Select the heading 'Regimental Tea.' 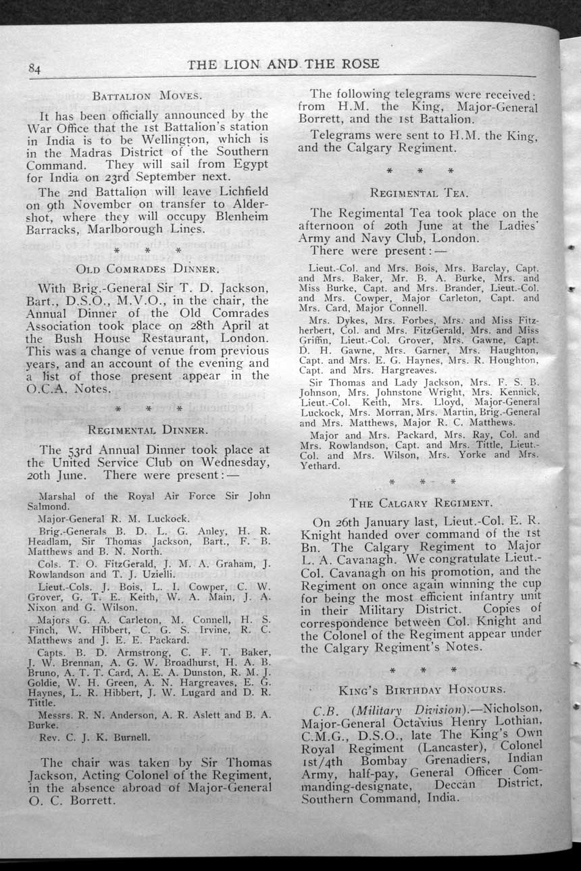pos(419,193)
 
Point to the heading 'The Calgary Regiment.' pos(421,502)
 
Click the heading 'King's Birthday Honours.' pos(422,689)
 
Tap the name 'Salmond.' pos(48,506)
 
